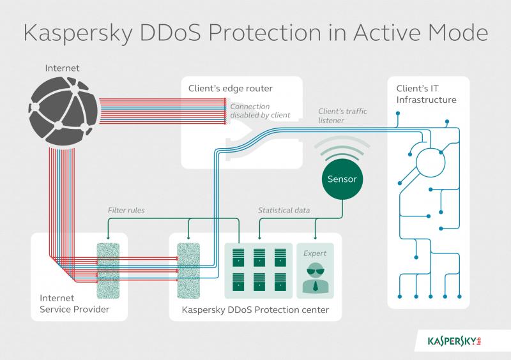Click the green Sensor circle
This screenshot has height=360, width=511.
coord(342,179)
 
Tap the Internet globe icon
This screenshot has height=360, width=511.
coord(63,111)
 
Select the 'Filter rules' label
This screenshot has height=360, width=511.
coord(126,211)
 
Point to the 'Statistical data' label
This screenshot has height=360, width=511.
coord(284,211)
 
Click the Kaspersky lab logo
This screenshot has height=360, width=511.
coord(454,341)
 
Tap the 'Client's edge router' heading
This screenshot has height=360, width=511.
coord(231,88)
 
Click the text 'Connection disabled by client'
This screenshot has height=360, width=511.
coord(260,111)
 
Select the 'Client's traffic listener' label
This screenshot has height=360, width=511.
coord(342,116)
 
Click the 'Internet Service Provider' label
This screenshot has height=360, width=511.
coord(74,304)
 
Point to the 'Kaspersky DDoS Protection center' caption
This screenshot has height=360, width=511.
coord(255,310)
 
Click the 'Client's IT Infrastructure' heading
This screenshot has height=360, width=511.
coord(426,94)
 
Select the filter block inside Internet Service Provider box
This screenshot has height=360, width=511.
coord(108,271)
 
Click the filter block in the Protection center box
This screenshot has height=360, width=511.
coord(188,271)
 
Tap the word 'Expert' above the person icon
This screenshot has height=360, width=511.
coord(315,253)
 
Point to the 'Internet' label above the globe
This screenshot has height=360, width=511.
coord(62,68)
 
